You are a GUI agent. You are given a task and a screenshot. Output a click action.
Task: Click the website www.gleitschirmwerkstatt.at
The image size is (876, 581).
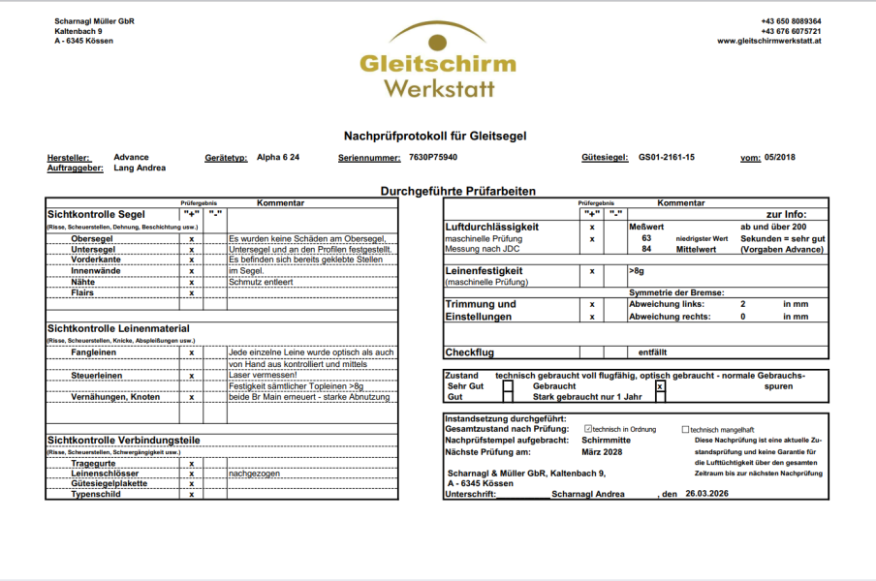click(x=769, y=42)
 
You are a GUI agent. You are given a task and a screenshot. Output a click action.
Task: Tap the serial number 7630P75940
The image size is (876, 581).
click(x=433, y=157)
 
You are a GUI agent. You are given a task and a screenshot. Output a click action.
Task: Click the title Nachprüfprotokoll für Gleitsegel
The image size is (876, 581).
click(x=435, y=136)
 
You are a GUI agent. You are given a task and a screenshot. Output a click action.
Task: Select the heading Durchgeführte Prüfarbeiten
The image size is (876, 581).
click(x=457, y=192)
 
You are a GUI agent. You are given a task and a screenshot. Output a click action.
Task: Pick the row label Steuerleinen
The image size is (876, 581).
click(x=97, y=375)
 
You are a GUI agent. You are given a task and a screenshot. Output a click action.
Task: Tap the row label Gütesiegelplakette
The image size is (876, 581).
click(x=109, y=483)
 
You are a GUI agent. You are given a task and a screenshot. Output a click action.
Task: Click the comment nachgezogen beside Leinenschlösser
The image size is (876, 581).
click(x=254, y=474)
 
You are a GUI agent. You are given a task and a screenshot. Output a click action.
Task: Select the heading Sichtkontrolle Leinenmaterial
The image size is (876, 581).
click(x=118, y=329)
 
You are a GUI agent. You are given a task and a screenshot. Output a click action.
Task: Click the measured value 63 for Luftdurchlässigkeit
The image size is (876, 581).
click(x=646, y=237)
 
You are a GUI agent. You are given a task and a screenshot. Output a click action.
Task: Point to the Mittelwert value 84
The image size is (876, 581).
click(x=646, y=249)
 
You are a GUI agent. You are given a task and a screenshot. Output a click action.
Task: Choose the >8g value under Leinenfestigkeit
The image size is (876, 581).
click(x=637, y=272)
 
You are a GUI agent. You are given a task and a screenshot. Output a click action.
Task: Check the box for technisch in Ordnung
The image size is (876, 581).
click(x=588, y=429)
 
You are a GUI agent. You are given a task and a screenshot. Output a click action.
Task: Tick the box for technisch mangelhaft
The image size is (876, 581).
click(x=685, y=429)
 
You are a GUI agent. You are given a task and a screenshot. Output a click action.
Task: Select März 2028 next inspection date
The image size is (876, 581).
click(x=602, y=452)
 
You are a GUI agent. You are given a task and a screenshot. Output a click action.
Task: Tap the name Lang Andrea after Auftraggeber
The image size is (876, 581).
click(x=140, y=168)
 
